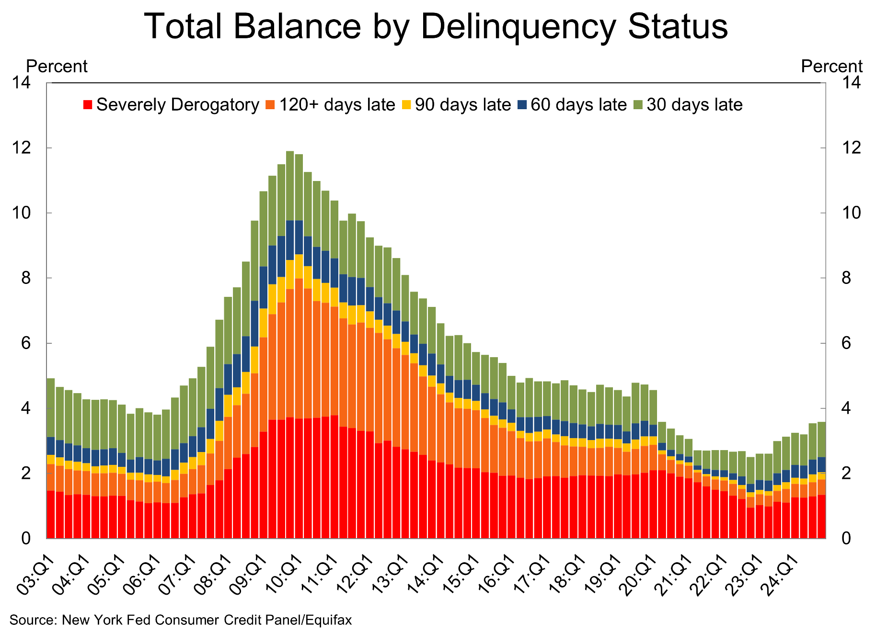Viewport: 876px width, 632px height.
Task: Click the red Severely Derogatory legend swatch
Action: pos(88,105)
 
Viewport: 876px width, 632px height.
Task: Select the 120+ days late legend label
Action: pos(337,105)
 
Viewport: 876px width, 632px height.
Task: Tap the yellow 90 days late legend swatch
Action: pos(406,105)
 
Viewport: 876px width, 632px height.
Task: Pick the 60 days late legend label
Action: pos(578,105)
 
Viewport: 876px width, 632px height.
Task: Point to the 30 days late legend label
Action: pos(694,105)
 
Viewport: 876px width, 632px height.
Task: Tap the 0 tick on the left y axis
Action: pos(25,539)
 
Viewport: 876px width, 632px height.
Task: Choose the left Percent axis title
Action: pos(57,66)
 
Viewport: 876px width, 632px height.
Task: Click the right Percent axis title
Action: pos(831,66)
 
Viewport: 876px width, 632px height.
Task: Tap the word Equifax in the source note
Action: pos(328,620)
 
